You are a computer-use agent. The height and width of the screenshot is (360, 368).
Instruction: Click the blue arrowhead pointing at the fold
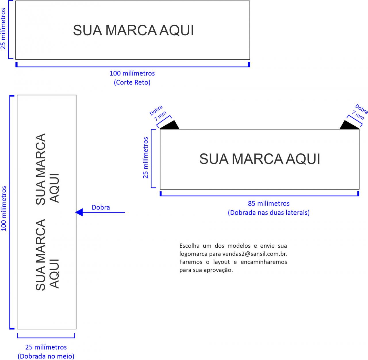tap(79, 212)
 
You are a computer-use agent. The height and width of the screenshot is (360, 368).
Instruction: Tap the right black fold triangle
tap(348, 126)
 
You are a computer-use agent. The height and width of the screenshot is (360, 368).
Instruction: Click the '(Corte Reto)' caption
tap(132, 82)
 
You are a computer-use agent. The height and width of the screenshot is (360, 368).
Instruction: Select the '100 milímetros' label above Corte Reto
tap(132, 73)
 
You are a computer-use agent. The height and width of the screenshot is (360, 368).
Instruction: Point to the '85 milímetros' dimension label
tap(269, 203)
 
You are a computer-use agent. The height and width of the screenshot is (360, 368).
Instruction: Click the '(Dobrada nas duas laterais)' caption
tap(269, 213)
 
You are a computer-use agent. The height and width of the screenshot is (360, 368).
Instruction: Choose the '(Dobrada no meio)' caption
tap(46, 356)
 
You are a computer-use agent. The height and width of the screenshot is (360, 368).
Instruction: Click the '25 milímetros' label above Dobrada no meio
tap(46, 347)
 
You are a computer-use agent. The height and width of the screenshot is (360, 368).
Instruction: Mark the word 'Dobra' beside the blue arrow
tap(101, 207)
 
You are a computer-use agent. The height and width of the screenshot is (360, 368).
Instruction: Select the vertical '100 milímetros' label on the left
tap(4, 208)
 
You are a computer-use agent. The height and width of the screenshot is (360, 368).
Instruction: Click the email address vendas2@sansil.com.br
tap(254, 254)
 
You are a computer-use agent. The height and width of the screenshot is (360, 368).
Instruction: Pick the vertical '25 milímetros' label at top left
tap(3, 29)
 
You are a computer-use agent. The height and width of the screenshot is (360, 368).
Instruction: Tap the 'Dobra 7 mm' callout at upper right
tap(360, 112)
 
